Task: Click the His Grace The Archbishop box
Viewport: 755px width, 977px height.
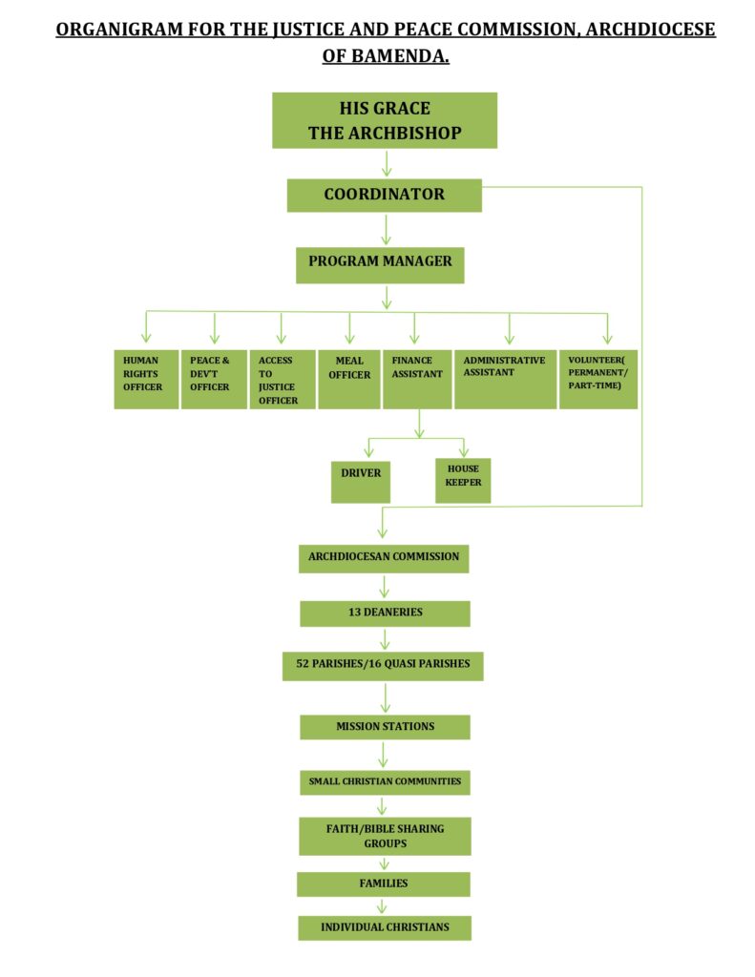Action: click(x=385, y=120)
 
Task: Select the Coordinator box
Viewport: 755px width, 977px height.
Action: click(x=384, y=195)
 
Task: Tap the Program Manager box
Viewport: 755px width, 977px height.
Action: click(x=380, y=265)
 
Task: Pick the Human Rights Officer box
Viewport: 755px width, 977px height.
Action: click(x=146, y=380)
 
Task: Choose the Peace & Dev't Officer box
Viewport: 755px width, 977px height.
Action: click(x=214, y=380)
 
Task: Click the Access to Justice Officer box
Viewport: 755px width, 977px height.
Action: click(x=283, y=380)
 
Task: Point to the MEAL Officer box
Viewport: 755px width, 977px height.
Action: click(x=349, y=380)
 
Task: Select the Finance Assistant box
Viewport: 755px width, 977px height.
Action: click(x=417, y=380)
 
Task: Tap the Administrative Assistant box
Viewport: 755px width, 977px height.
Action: click(x=506, y=380)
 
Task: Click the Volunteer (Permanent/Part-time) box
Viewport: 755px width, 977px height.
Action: click(x=598, y=380)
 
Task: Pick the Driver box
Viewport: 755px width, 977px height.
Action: click(x=361, y=482)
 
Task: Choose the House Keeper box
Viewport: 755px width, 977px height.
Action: click(x=463, y=481)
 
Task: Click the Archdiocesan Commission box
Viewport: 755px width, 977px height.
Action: click(x=384, y=558)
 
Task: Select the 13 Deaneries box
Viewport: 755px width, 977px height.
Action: click(x=385, y=613)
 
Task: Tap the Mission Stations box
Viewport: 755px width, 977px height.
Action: click(x=385, y=727)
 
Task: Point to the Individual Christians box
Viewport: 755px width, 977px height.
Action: click(x=385, y=927)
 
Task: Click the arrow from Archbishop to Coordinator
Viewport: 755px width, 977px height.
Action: click(x=387, y=163)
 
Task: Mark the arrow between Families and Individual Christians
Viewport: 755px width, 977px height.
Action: click(x=382, y=906)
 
